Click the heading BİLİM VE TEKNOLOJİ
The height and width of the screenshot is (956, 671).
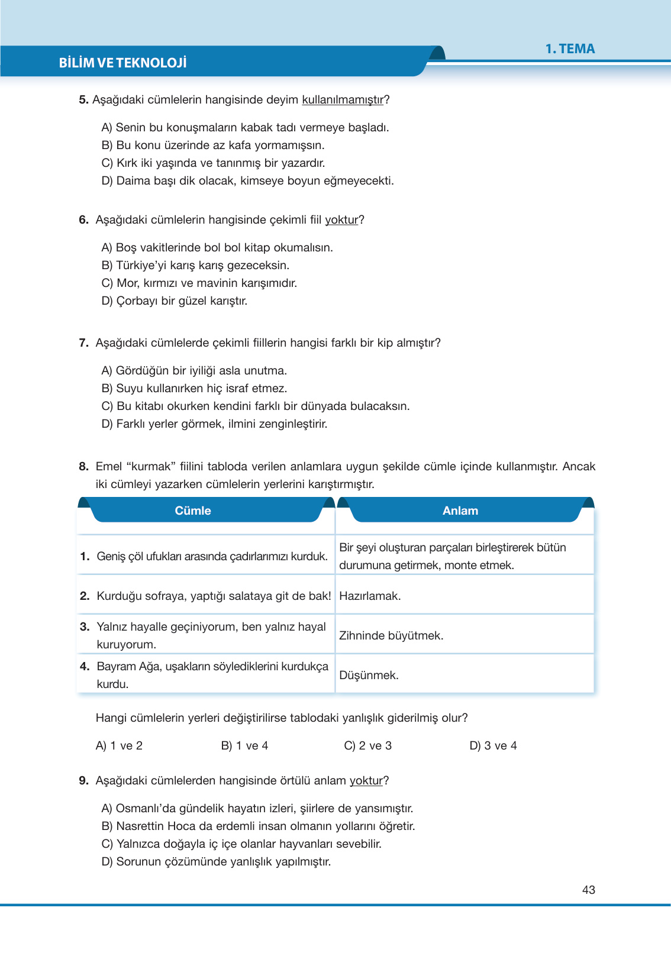[122, 63]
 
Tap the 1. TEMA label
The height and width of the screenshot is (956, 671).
[570, 49]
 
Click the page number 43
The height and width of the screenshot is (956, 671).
[588, 890]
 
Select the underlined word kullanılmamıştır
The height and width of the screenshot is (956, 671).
[343, 100]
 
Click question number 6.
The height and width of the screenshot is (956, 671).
[83, 220]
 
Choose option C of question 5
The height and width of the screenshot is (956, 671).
[213, 163]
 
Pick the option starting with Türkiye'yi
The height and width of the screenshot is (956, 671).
[195, 266]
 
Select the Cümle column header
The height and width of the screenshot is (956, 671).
[193, 511]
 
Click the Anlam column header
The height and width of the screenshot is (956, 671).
[460, 511]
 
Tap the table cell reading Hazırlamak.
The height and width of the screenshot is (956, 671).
[370, 596]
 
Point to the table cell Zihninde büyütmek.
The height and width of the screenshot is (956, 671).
[391, 636]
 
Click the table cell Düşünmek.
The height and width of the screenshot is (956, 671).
[369, 676]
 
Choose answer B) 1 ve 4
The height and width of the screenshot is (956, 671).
[244, 746]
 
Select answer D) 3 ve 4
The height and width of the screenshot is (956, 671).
[493, 746]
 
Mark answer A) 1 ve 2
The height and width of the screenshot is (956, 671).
[119, 746]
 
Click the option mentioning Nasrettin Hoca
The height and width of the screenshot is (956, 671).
[258, 826]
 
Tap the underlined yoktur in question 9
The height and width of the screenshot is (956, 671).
[366, 781]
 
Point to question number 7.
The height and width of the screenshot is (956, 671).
[83, 343]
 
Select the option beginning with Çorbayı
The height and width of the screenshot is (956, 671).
[175, 301]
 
